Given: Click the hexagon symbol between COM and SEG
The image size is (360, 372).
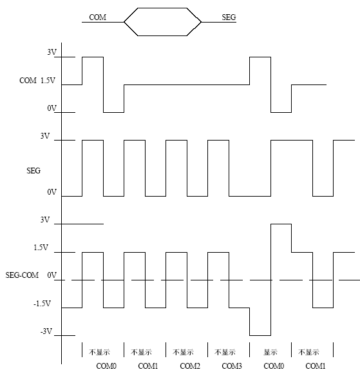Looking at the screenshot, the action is click(x=162, y=8).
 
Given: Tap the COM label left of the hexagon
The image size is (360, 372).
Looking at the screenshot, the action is click(x=97, y=17).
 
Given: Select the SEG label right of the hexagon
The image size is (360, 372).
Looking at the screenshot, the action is click(x=229, y=17).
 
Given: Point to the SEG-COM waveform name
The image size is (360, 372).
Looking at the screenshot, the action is click(x=22, y=275).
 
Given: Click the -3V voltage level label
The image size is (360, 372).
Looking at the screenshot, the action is click(x=46, y=331).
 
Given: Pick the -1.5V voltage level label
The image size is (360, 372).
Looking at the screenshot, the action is click(x=42, y=304).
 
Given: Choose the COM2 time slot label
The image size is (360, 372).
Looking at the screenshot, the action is click(x=190, y=366).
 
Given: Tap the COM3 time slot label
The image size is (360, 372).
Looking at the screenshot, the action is click(x=232, y=366).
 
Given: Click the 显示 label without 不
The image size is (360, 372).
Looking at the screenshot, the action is click(x=270, y=352).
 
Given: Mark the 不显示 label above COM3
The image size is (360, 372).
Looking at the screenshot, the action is click(x=225, y=352).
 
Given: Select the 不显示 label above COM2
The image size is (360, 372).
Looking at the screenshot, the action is click(x=183, y=352).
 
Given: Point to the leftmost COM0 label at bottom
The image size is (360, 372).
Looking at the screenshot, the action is click(x=106, y=366).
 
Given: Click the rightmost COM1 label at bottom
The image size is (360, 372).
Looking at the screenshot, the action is click(x=316, y=366).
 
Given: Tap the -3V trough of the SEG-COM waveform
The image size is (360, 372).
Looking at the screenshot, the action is click(x=260, y=335).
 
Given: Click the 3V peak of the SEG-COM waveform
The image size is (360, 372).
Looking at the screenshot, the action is click(x=281, y=224).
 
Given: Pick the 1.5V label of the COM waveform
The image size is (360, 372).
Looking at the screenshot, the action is click(x=48, y=81).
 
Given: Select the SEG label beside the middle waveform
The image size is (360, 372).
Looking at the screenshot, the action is click(x=33, y=171).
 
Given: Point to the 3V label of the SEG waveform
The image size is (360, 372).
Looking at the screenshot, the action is click(x=45, y=136).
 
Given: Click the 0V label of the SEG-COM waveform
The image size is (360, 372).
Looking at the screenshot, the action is click(x=52, y=275).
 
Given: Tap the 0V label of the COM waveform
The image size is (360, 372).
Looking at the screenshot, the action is click(x=52, y=108).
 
